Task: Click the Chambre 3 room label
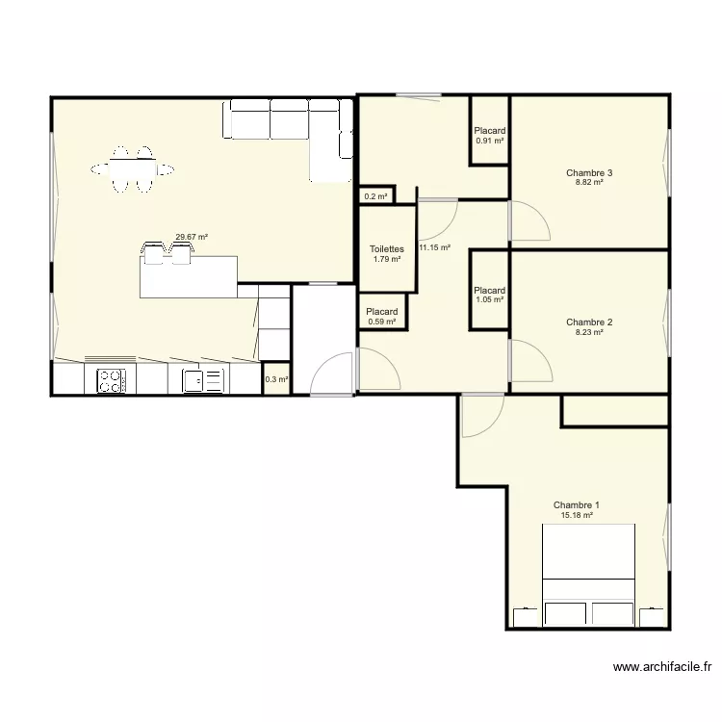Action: tap(589, 173)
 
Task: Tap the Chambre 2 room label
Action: tap(589, 322)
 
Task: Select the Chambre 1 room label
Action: tap(576, 505)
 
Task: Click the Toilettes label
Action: tap(387, 249)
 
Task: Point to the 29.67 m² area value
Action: tap(192, 237)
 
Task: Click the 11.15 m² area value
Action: tap(434, 247)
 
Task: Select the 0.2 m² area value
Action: tap(375, 196)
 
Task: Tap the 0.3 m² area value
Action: tap(276, 379)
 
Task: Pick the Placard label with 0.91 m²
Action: tap(490, 131)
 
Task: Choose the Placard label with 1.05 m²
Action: tap(489, 291)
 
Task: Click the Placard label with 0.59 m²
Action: tap(382, 312)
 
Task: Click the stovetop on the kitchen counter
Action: tap(112, 381)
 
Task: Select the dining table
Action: tap(133, 169)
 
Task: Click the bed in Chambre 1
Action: tap(588, 575)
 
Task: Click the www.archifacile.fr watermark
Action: tap(662, 667)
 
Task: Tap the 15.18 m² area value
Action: tap(577, 516)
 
